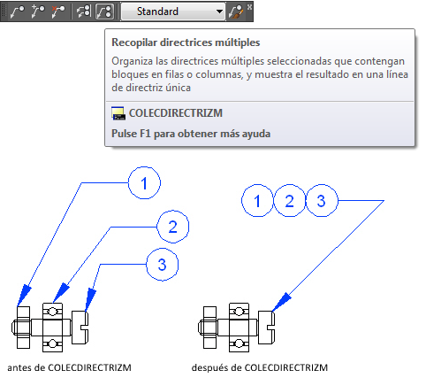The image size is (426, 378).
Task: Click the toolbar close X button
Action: pos(249,6)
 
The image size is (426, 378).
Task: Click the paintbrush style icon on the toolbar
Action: pos(236,12)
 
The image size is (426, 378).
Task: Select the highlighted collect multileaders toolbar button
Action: pos(104,12)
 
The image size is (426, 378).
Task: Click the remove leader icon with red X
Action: pos(58,12)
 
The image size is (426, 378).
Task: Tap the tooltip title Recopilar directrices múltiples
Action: pos(186,42)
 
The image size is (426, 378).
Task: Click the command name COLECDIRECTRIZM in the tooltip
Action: pos(176,113)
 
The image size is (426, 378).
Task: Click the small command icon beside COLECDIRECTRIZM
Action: pos(118,113)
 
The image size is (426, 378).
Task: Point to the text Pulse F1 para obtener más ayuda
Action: pos(191,134)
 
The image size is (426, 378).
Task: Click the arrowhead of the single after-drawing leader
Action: pos(281,303)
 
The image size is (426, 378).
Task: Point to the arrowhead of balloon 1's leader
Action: pos(24,295)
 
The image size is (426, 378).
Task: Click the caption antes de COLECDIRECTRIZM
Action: pos(69,367)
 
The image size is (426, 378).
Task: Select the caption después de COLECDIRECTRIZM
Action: pos(260,367)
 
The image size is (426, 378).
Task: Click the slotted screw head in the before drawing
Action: pos(80,327)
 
